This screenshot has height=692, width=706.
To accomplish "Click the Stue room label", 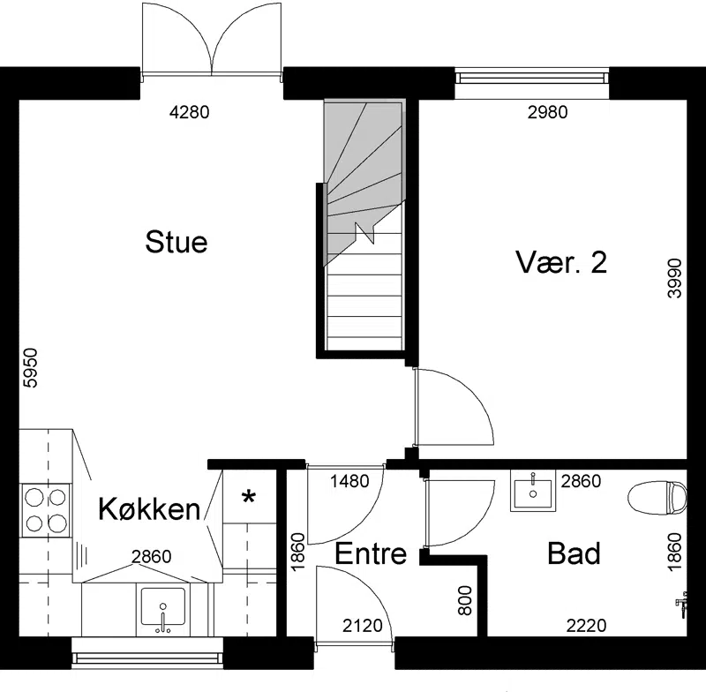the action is coord(176,242).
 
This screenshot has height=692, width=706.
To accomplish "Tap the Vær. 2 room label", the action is coord(561,262).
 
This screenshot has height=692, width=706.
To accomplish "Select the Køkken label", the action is coord(149,509).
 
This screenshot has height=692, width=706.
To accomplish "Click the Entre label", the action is coord(371,553).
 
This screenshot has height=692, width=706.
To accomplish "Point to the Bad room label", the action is coord(575,553).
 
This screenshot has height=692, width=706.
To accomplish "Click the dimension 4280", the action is coord(189,112).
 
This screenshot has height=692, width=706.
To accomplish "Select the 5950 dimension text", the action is coord(31,368).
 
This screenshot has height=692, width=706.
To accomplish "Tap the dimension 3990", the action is coord(675,278).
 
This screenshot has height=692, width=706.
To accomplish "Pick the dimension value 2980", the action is coord(547,112).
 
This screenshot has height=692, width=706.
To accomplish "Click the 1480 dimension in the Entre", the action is coord(349,481).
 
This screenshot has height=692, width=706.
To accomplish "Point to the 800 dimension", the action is coord(465,600).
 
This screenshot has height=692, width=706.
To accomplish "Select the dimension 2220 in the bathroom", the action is coord(586,626).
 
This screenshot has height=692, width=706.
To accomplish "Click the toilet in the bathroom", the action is coord(657,498).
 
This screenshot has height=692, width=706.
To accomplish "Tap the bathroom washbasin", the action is coord(533,490).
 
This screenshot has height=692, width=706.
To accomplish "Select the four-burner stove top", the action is coord(46,510).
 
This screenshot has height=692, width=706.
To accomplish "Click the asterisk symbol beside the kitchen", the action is coord(249,498).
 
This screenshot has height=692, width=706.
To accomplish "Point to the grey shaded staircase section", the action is coord(364,180).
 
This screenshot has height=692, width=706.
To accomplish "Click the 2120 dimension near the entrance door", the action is coord(363,626).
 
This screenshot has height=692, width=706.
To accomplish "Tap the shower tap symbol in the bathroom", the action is coord(681,604).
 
